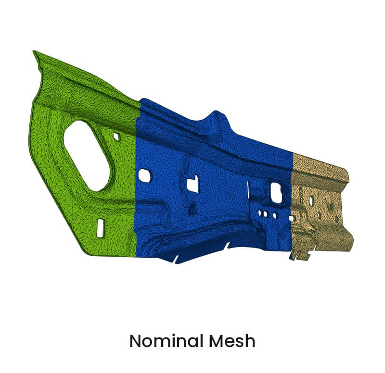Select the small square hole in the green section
[116, 137]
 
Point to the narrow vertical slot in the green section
[100, 227]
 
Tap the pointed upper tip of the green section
[35, 52]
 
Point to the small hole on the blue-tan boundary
[292, 218]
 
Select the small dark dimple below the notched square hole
[192, 210]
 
